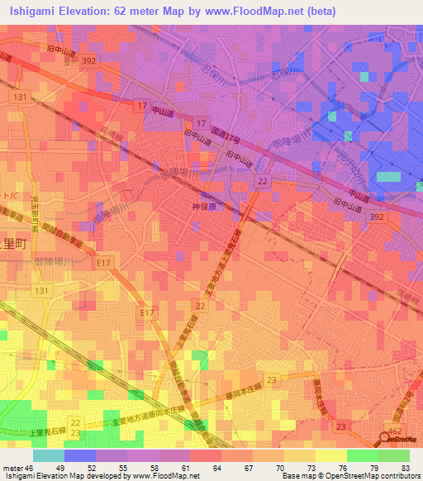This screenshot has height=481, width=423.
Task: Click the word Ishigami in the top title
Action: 35,12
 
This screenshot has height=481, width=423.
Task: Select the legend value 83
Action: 404,468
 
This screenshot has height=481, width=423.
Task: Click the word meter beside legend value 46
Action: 13,468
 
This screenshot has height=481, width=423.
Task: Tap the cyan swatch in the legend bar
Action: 49,455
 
